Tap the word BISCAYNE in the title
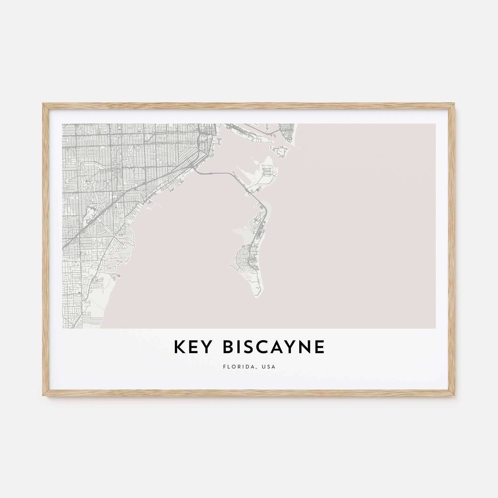click(x=273, y=347)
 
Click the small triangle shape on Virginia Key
click(x=260, y=188)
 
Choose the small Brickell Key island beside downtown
click(x=219, y=140)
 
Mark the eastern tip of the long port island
click(x=272, y=141)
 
